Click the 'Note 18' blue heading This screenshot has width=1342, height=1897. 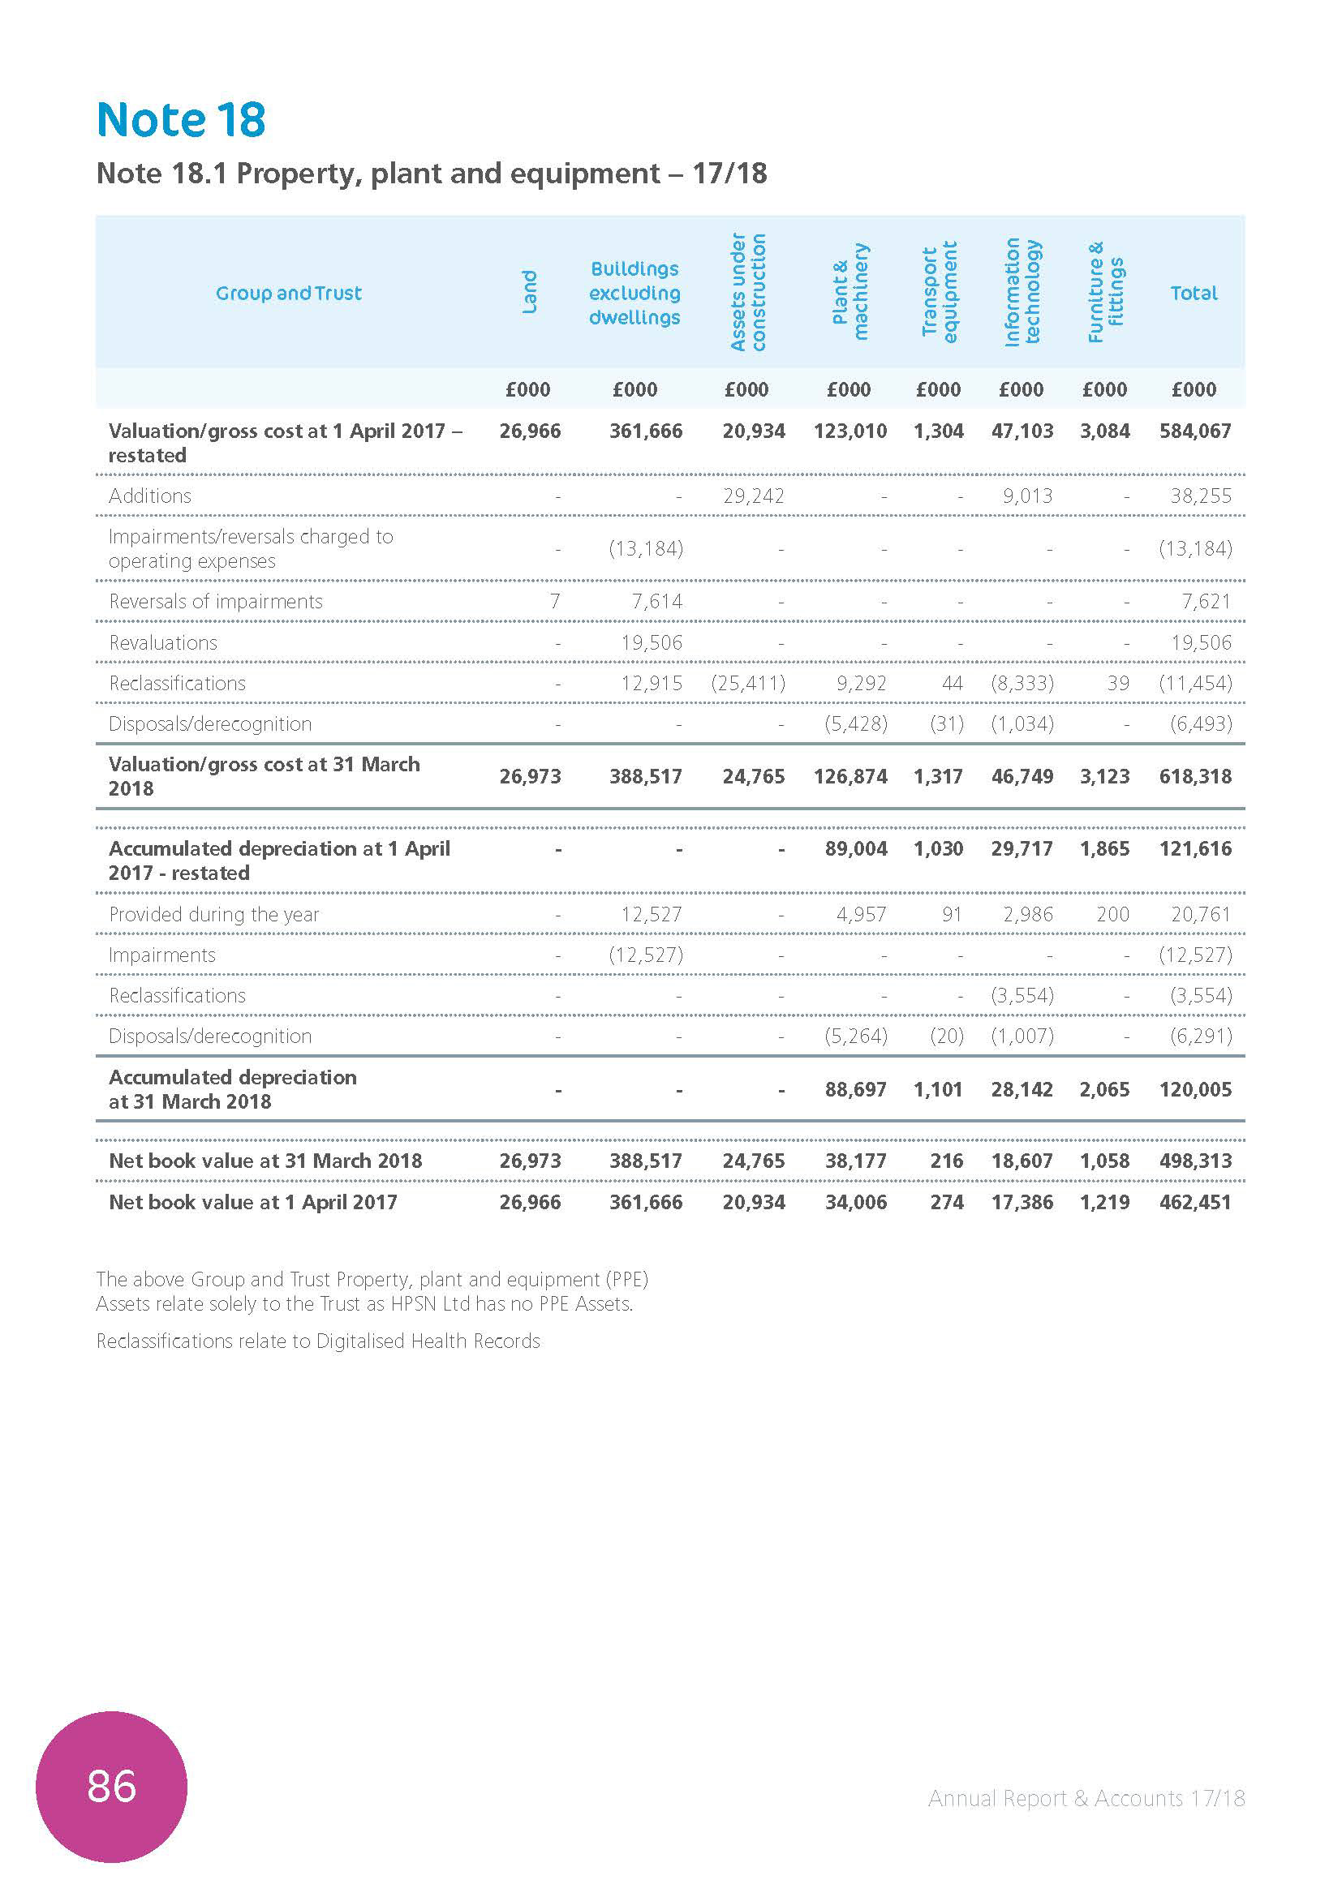pyautogui.click(x=181, y=120)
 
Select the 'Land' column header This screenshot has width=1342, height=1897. pyautogui.click(x=529, y=293)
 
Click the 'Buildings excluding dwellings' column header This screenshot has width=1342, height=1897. pyautogui.click(x=634, y=293)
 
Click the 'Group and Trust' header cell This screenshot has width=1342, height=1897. pyautogui.click(x=288, y=294)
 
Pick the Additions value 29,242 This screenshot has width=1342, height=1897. pyautogui.click(x=753, y=496)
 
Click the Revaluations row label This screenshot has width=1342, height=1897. pyautogui.click(x=163, y=643)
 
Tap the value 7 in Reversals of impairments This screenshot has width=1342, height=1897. pyautogui.click(x=554, y=602)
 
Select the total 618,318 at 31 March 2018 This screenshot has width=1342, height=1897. pyautogui.click(x=1195, y=777)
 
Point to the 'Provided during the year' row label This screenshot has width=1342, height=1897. pyautogui.click(x=213, y=915)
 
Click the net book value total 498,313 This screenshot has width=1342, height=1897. pyautogui.click(x=1195, y=1161)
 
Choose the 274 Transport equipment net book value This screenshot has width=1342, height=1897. pyautogui.click(x=946, y=1202)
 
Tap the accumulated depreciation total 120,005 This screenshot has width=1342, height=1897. pyautogui.click(x=1195, y=1090)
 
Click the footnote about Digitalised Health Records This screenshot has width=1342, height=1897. pyautogui.click(x=318, y=1341)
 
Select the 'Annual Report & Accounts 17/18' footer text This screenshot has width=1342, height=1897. pyautogui.click(x=1086, y=1798)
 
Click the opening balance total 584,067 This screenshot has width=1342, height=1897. pyautogui.click(x=1195, y=431)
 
